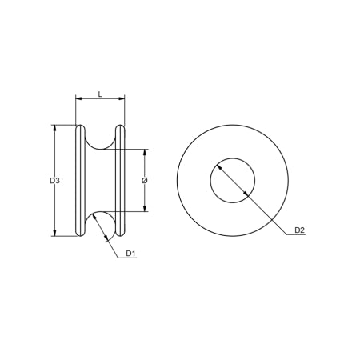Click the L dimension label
tap(100, 94)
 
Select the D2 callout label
tap(299, 230)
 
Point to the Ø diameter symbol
tap(144, 181)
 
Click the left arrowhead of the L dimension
tap(78, 99)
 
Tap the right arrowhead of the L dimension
tap(123, 99)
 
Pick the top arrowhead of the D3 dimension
tap(54, 127)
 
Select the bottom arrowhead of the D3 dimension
tap(54, 234)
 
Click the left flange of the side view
tap(80, 180)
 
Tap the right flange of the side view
tap(121, 180)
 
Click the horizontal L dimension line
tap(100, 99)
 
